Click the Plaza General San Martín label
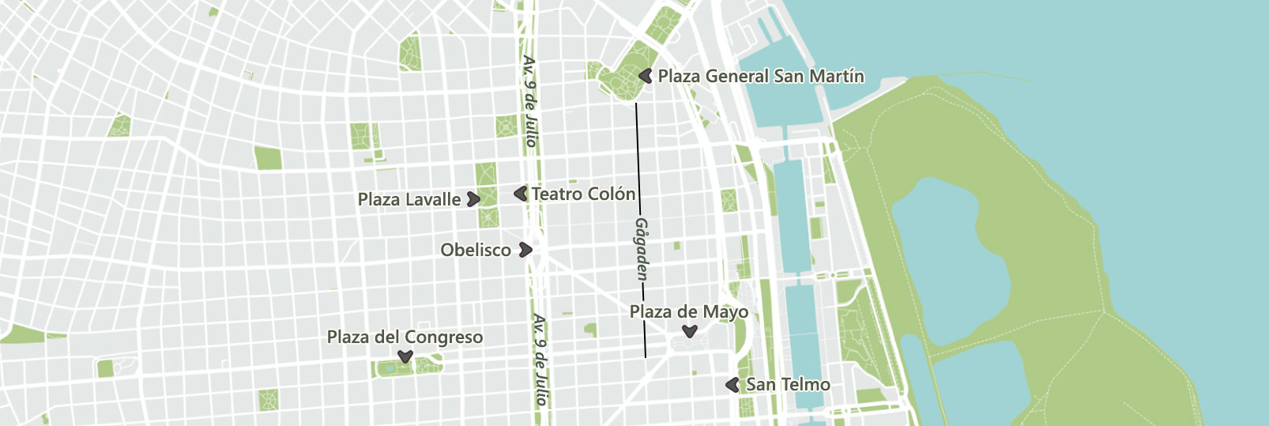point(761,77)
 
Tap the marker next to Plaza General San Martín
point(646,76)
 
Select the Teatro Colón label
point(583,194)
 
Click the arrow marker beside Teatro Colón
point(521,193)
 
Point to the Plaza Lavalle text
point(409,200)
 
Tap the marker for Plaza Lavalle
point(473,199)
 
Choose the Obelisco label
point(476,251)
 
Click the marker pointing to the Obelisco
point(525,251)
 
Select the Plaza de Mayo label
point(688,312)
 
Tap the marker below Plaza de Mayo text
point(690,331)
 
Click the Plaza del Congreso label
point(405,337)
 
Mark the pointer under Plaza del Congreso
point(405,357)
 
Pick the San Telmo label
point(788,385)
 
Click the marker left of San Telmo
point(732,385)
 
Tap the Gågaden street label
point(642,249)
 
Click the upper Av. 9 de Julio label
point(530,101)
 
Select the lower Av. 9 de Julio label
point(540,360)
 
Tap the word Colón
point(614,194)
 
